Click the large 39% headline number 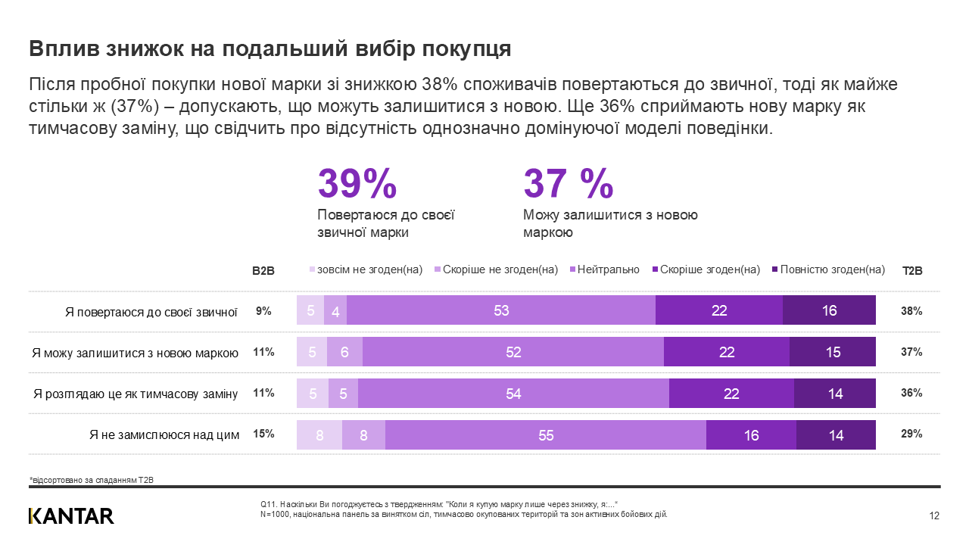tap(357, 184)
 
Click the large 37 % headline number tap(568, 184)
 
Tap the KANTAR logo tap(71, 516)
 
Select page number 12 tap(934, 516)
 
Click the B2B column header tap(263, 270)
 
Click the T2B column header tap(912, 270)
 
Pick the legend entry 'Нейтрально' tap(608, 269)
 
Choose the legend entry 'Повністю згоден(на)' tap(831, 269)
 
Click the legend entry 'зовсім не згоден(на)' tap(369, 269)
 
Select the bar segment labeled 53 tap(501, 310)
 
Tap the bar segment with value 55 tap(546, 434)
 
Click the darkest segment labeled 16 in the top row tap(829, 310)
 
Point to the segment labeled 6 tap(344, 352)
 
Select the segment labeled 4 tap(335, 310)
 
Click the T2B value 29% tap(911, 434)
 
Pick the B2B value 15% tap(263, 434)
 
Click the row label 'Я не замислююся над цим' tap(164, 434)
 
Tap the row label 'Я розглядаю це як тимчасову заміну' tap(136, 394)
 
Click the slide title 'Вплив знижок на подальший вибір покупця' tap(270, 48)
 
